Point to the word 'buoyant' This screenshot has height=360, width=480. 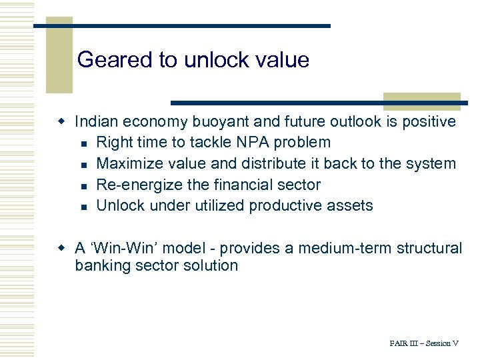click(x=225, y=121)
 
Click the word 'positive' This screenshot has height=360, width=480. click(x=429, y=121)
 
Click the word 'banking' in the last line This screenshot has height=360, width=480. click(x=101, y=265)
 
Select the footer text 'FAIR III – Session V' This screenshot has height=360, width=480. click(x=424, y=343)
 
